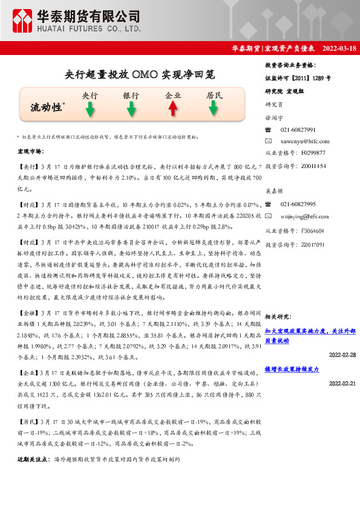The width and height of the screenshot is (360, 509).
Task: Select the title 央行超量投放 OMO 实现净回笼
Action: point(139,75)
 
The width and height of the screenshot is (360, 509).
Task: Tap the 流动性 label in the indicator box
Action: point(48,107)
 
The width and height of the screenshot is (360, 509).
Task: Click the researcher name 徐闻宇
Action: point(275,118)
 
